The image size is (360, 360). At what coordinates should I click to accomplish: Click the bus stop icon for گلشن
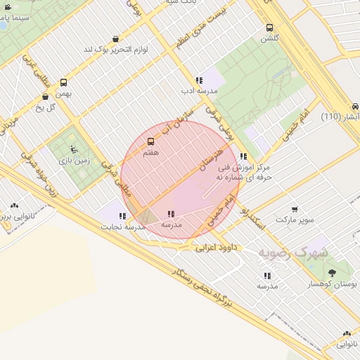pyautogui.click(x=269, y=28)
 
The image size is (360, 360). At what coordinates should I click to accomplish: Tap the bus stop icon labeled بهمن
pyautogui.click(x=64, y=82)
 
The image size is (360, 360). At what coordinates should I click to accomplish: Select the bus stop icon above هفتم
pyautogui.click(x=150, y=141)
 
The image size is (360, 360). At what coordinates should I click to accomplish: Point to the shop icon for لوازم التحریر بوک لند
pyautogui.click(x=115, y=39)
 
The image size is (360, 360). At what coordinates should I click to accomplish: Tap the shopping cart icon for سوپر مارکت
pyautogui.click(x=294, y=209)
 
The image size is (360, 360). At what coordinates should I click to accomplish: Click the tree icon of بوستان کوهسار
pyautogui.click(x=331, y=271)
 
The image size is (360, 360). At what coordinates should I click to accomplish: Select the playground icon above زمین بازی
pyautogui.click(x=73, y=149)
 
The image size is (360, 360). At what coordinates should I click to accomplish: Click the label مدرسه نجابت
pyautogui.click(x=122, y=227)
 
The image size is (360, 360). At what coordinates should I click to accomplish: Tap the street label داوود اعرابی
pyautogui.click(x=215, y=247)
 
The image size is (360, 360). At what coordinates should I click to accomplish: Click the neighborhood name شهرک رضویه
pyautogui.click(x=292, y=251)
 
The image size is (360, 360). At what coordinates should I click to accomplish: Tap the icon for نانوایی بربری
pyautogui.click(x=14, y=206)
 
